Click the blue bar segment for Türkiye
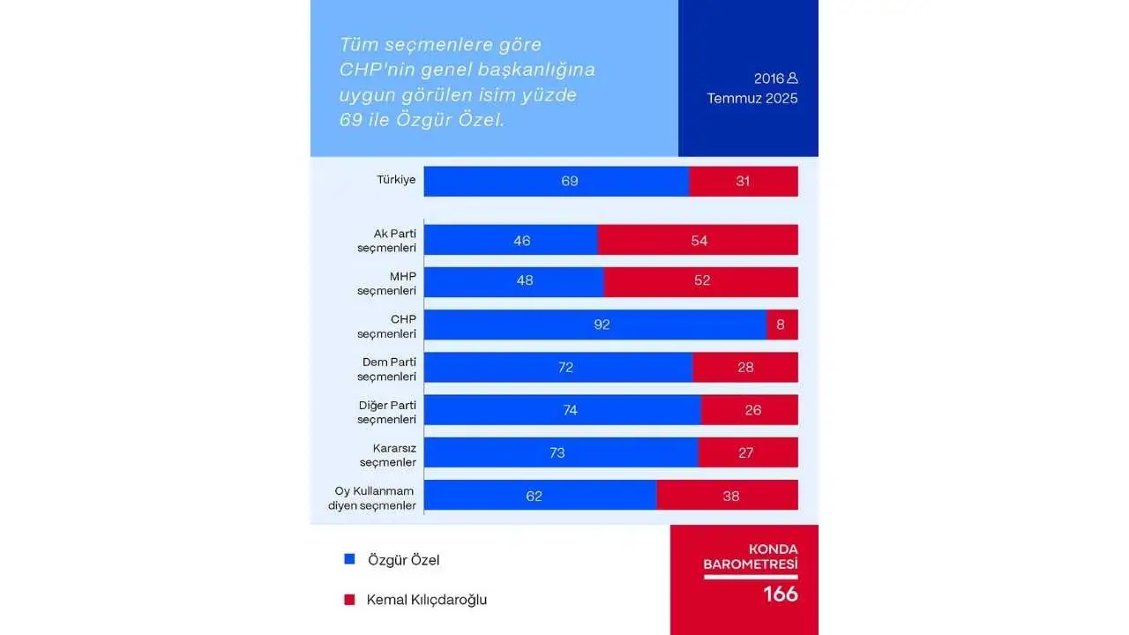tap(556, 181)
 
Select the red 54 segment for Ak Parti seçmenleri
tap(699, 240)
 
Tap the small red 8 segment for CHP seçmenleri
tap(782, 325)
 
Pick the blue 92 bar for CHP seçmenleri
tap(595, 325)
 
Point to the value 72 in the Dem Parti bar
tap(565, 367)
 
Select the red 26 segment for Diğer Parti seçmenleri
tap(750, 409)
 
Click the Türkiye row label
tap(396, 180)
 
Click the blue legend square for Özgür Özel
tap(349, 558)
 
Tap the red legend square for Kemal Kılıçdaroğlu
tap(349, 599)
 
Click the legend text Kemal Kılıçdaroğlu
tap(427, 600)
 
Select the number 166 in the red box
tap(781, 594)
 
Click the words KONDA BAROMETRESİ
tap(750, 556)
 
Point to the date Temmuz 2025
tap(751, 98)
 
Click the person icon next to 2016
tap(792, 78)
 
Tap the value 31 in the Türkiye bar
tap(743, 181)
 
